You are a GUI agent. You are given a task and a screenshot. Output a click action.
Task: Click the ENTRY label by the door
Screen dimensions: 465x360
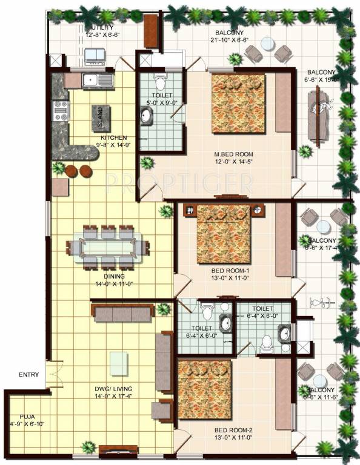click(29, 374)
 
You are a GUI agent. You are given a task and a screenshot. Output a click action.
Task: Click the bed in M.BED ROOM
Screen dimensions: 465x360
click(238, 103)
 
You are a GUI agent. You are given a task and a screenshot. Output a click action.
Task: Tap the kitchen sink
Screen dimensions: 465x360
click(98, 79)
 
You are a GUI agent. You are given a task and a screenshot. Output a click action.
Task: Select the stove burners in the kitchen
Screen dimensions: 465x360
click(61, 111)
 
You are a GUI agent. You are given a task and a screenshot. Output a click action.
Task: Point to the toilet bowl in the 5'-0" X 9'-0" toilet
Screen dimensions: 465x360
click(160, 82)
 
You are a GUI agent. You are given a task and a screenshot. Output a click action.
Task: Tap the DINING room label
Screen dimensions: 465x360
click(110, 276)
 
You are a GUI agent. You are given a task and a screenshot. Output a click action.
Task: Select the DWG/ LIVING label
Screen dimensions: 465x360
click(110, 389)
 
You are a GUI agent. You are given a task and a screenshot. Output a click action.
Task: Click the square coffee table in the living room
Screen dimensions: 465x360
click(119, 362)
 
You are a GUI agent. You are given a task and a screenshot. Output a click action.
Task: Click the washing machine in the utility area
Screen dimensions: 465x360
click(95, 56)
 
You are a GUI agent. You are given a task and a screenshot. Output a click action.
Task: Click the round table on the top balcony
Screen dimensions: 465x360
click(267, 43)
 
